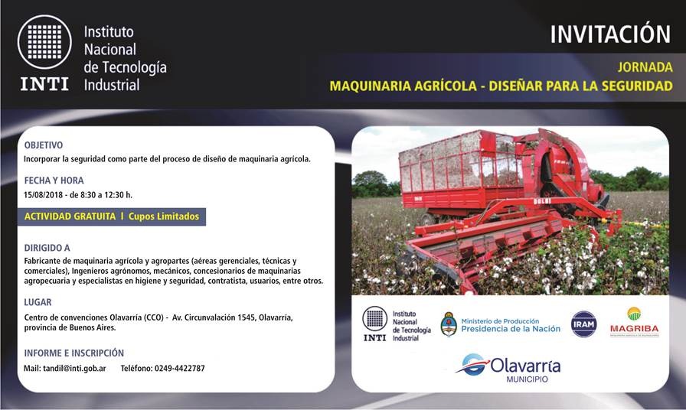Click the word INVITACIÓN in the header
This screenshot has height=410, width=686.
point(610,34)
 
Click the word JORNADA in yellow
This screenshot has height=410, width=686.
point(645,67)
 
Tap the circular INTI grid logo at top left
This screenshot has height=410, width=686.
point(44,42)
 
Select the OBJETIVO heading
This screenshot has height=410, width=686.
point(44,145)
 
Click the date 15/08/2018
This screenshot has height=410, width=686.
point(42,195)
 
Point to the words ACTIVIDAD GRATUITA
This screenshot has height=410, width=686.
point(70,216)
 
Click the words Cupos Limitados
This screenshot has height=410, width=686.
point(164,216)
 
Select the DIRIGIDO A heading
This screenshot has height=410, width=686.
point(47,248)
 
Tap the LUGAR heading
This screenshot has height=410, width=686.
point(38,302)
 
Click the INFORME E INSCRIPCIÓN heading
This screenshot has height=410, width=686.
point(74,353)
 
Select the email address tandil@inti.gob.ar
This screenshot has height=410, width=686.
point(74,369)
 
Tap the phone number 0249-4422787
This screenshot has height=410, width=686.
point(180,369)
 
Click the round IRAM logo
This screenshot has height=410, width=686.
point(583,324)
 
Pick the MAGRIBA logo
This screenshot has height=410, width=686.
point(635,322)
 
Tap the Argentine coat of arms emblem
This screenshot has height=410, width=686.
point(449,324)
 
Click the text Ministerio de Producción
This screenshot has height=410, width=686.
point(500,321)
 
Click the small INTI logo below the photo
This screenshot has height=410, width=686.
point(397,324)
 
